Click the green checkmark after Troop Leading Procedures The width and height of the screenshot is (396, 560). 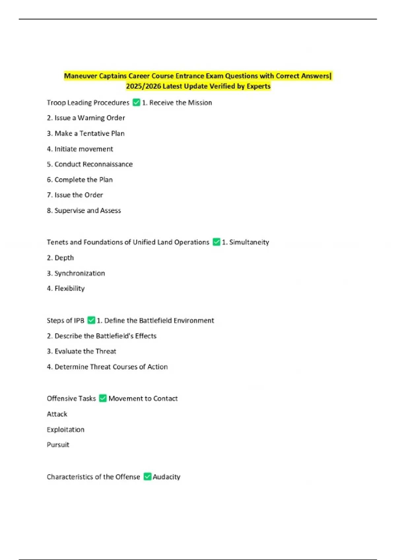tap(136, 102)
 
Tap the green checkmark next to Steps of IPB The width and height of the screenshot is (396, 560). tap(91, 320)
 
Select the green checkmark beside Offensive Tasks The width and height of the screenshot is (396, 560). tap(103, 398)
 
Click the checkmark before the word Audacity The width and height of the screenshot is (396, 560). tap(148, 477)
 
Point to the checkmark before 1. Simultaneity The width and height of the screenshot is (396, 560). tap(216, 242)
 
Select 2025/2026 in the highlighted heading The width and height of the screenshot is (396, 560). tap(144, 86)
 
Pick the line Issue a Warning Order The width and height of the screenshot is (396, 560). tap(86, 118)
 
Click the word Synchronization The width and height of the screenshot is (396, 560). tap(80, 273)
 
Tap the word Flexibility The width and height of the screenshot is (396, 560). tap(70, 289)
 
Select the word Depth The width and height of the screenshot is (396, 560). tap(64, 258)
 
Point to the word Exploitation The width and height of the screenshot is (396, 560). tap(66, 430)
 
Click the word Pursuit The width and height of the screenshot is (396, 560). tap(58, 445)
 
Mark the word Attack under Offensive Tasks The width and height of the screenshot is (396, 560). tap(57, 414)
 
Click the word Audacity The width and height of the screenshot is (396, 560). tap(167, 477)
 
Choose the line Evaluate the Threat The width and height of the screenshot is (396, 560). tap(82, 351)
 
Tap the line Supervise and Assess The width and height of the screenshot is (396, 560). tap(84, 210)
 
